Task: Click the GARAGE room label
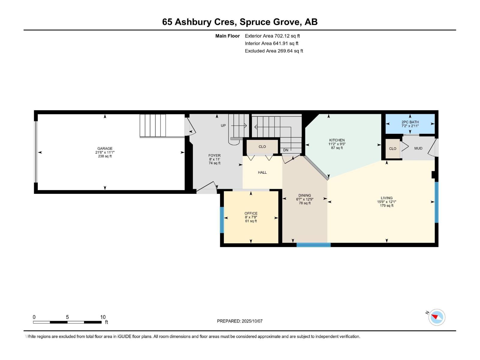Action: tap(105, 148)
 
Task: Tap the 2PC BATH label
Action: tap(410, 122)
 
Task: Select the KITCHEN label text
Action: tap(337, 140)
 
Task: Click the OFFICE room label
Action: tap(251, 213)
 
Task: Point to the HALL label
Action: tap(262, 172)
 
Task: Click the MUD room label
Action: tap(418, 148)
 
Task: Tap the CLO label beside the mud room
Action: tap(393, 149)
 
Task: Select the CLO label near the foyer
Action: tap(262, 147)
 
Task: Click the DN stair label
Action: tap(286, 150)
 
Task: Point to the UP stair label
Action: tap(223, 126)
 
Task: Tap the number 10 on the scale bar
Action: tap(103, 317)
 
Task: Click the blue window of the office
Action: tap(222, 220)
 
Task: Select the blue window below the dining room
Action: tap(313, 245)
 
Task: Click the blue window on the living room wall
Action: tap(436, 202)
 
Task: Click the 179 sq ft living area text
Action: tap(387, 206)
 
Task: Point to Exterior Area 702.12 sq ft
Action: tap(272, 36)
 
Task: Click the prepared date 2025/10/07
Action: tap(252, 321)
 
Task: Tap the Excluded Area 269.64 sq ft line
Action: tap(274, 51)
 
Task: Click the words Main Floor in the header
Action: tap(227, 36)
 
